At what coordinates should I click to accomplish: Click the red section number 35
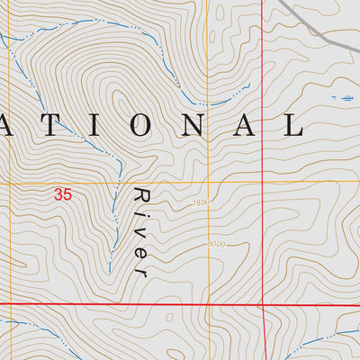click(x=62, y=193)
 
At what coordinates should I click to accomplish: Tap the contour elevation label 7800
click(x=200, y=203)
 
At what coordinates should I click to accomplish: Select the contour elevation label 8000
click(x=216, y=244)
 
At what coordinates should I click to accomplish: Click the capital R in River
click(x=140, y=196)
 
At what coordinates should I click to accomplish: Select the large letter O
click(x=138, y=126)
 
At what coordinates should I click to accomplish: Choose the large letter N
click(x=189, y=126)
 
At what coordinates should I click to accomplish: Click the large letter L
click(x=292, y=126)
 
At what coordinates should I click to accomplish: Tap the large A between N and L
click(x=241, y=126)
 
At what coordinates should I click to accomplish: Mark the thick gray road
click(x=315, y=22)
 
